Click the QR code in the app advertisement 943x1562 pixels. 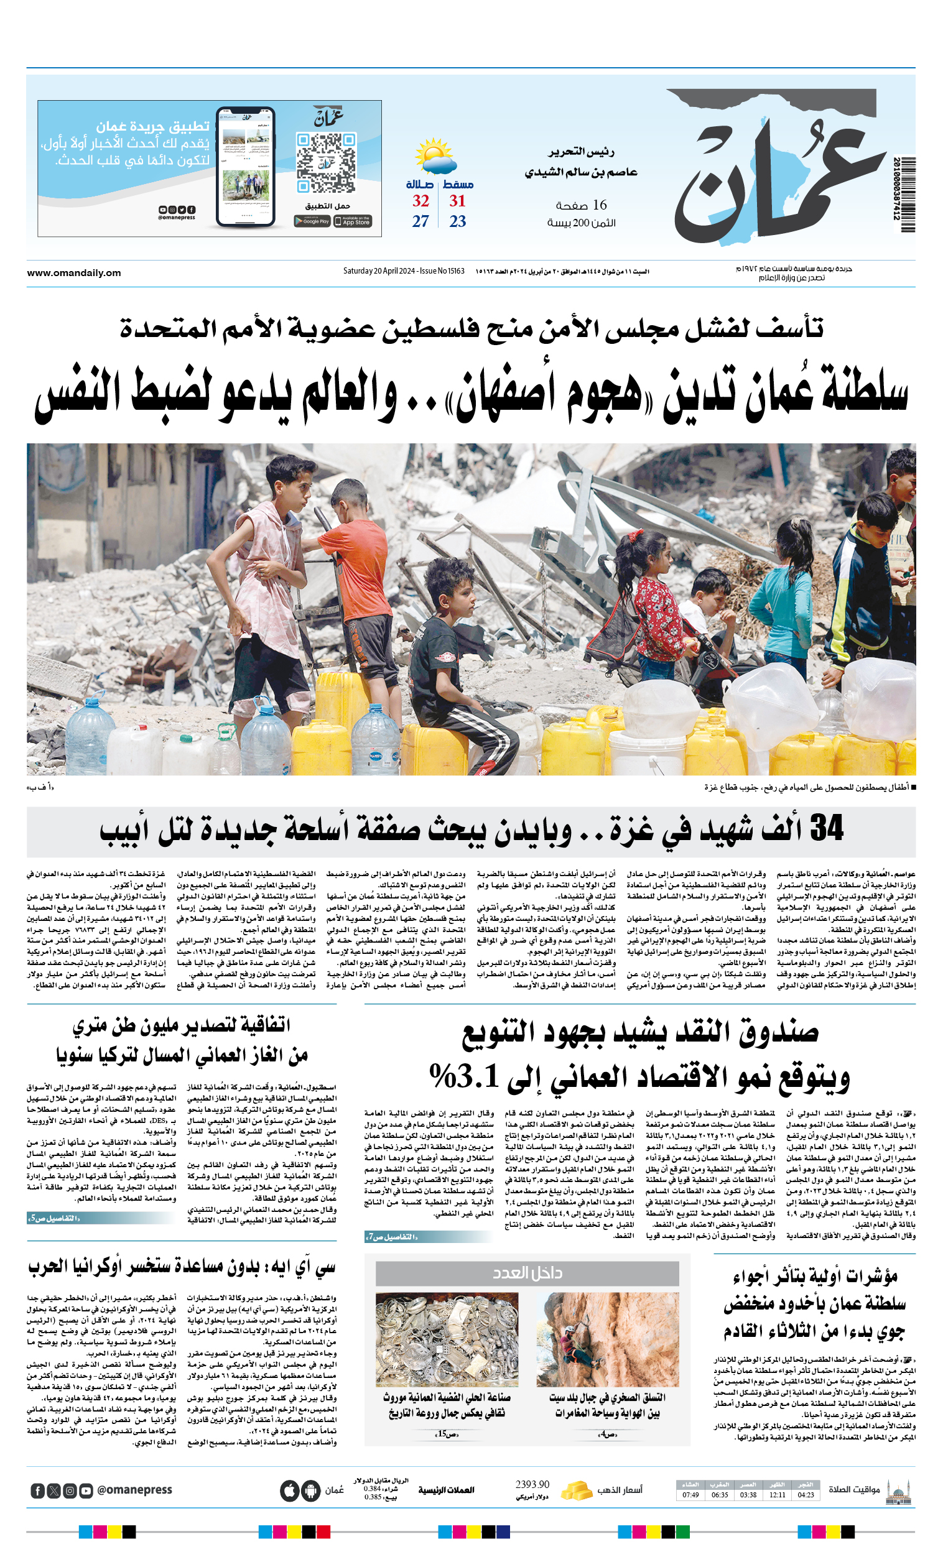326,162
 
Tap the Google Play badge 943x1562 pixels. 312,221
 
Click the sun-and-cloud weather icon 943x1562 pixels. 435,156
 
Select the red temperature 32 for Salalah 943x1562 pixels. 421,201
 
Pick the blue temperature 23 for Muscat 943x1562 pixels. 458,221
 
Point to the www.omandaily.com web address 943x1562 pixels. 74,273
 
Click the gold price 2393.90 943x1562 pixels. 532,1485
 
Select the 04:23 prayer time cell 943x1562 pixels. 806,1495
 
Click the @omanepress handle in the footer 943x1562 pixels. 134,1490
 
